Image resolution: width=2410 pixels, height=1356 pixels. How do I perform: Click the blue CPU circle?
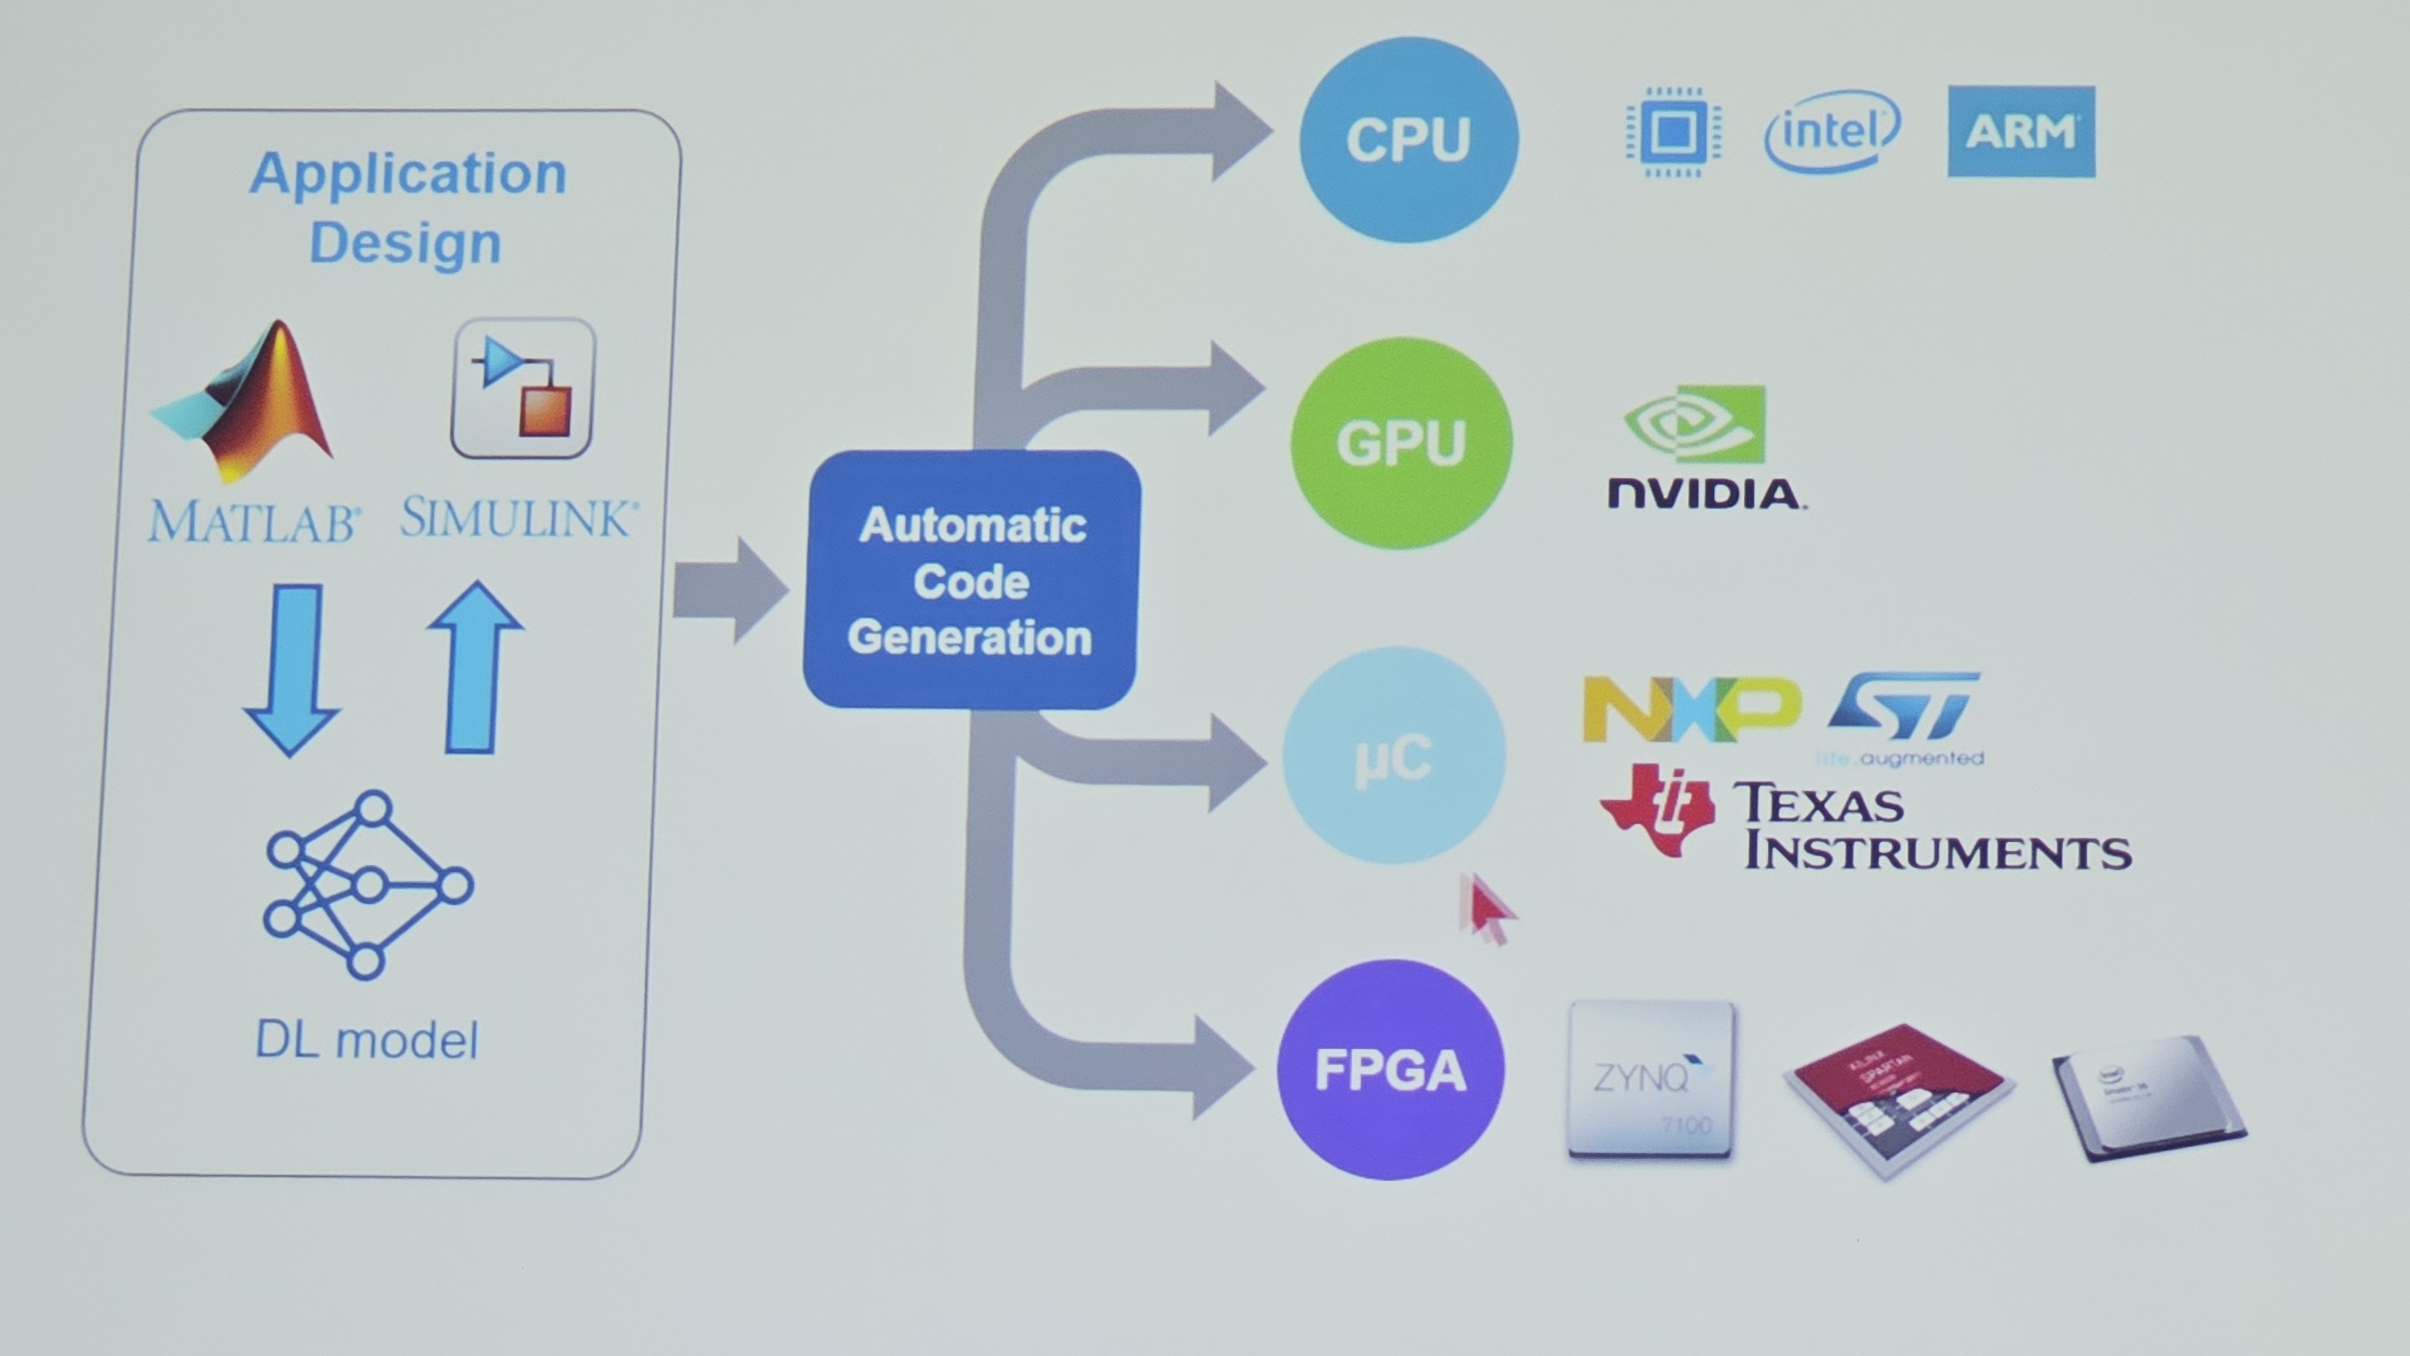[x=1409, y=139]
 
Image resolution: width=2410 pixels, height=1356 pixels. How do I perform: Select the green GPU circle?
[x=1401, y=443]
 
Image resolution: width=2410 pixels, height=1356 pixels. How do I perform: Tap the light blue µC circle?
[x=1394, y=755]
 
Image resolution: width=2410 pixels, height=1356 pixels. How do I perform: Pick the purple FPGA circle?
[x=1390, y=1069]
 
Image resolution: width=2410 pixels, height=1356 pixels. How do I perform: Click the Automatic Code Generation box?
[x=971, y=580]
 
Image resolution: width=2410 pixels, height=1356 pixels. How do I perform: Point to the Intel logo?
[x=1832, y=131]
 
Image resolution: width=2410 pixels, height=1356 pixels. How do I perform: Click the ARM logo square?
[x=2021, y=131]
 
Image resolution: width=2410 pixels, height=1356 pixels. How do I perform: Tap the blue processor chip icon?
[x=1673, y=132]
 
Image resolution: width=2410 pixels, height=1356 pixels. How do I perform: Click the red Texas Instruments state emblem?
[x=1656, y=808]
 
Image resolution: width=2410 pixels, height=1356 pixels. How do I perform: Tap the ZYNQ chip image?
[x=1650, y=1079]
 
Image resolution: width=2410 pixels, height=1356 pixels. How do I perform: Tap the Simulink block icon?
[x=523, y=387]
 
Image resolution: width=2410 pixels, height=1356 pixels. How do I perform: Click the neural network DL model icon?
[x=369, y=883]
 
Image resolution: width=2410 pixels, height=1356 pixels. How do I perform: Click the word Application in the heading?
[x=408, y=173]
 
